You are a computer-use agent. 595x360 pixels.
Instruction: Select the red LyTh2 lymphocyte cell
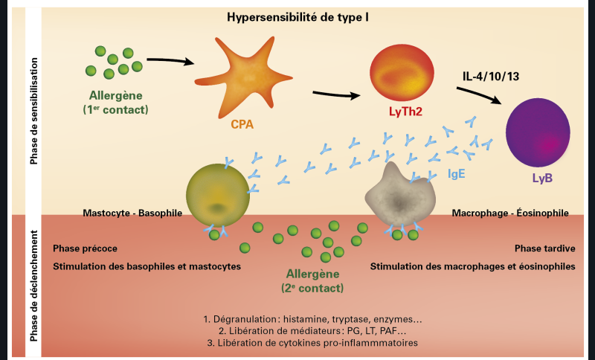click(402, 73)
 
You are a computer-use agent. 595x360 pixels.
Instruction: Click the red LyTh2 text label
click(401, 112)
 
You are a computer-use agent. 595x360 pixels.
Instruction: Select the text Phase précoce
click(86, 248)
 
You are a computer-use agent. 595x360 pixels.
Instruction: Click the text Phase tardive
click(544, 248)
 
